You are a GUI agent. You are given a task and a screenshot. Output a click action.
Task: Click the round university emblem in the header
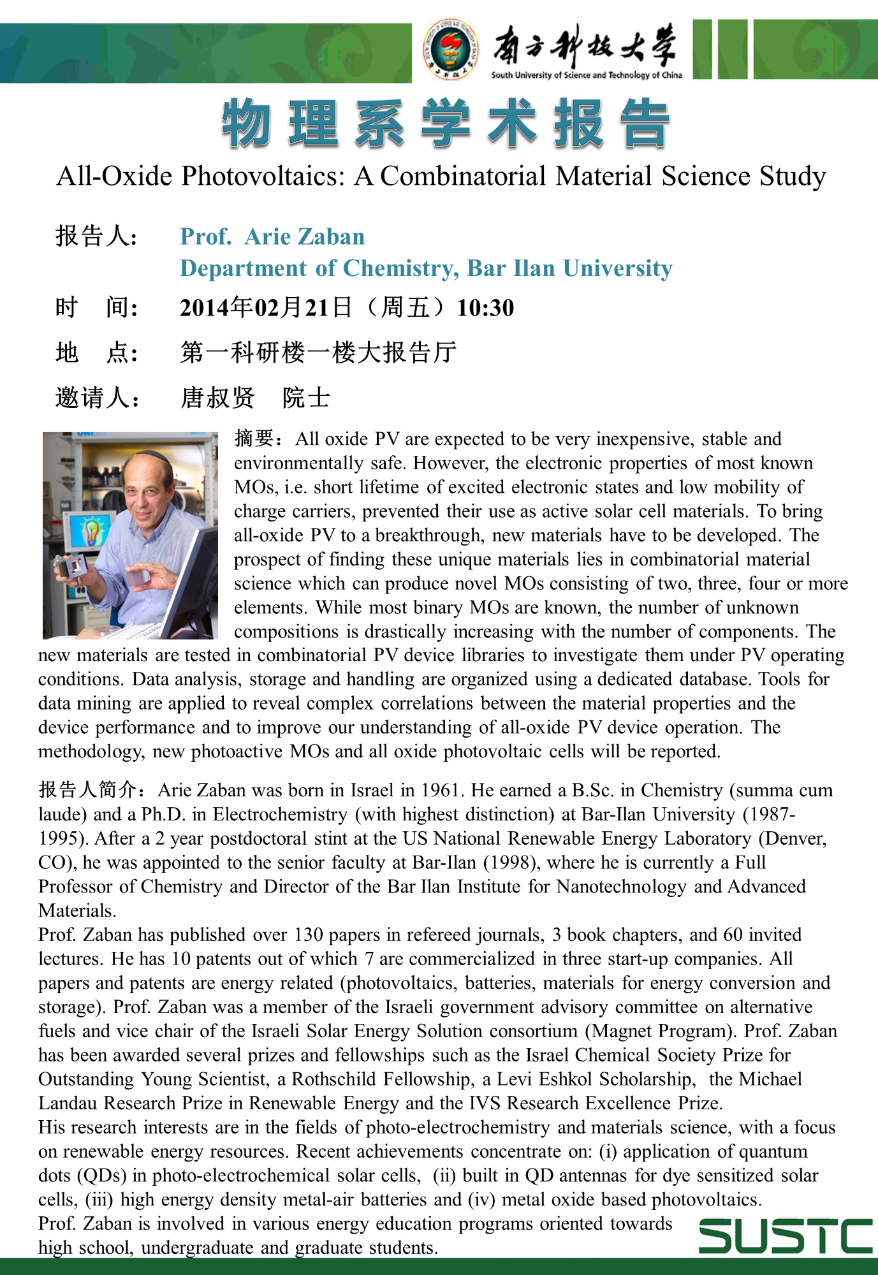[450, 50]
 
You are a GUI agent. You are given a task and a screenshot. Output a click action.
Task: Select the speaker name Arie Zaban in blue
[304, 237]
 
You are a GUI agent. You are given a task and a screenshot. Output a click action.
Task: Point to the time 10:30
[485, 308]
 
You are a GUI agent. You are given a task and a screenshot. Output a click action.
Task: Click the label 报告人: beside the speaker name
[96, 237]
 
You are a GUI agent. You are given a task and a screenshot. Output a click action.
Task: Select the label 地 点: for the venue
[96, 353]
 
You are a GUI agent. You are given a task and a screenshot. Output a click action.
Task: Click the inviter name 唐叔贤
[217, 398]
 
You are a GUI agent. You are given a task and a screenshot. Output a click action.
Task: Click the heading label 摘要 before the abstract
[254, 439]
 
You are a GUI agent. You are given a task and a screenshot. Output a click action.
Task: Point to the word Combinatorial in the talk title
[464, 177]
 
